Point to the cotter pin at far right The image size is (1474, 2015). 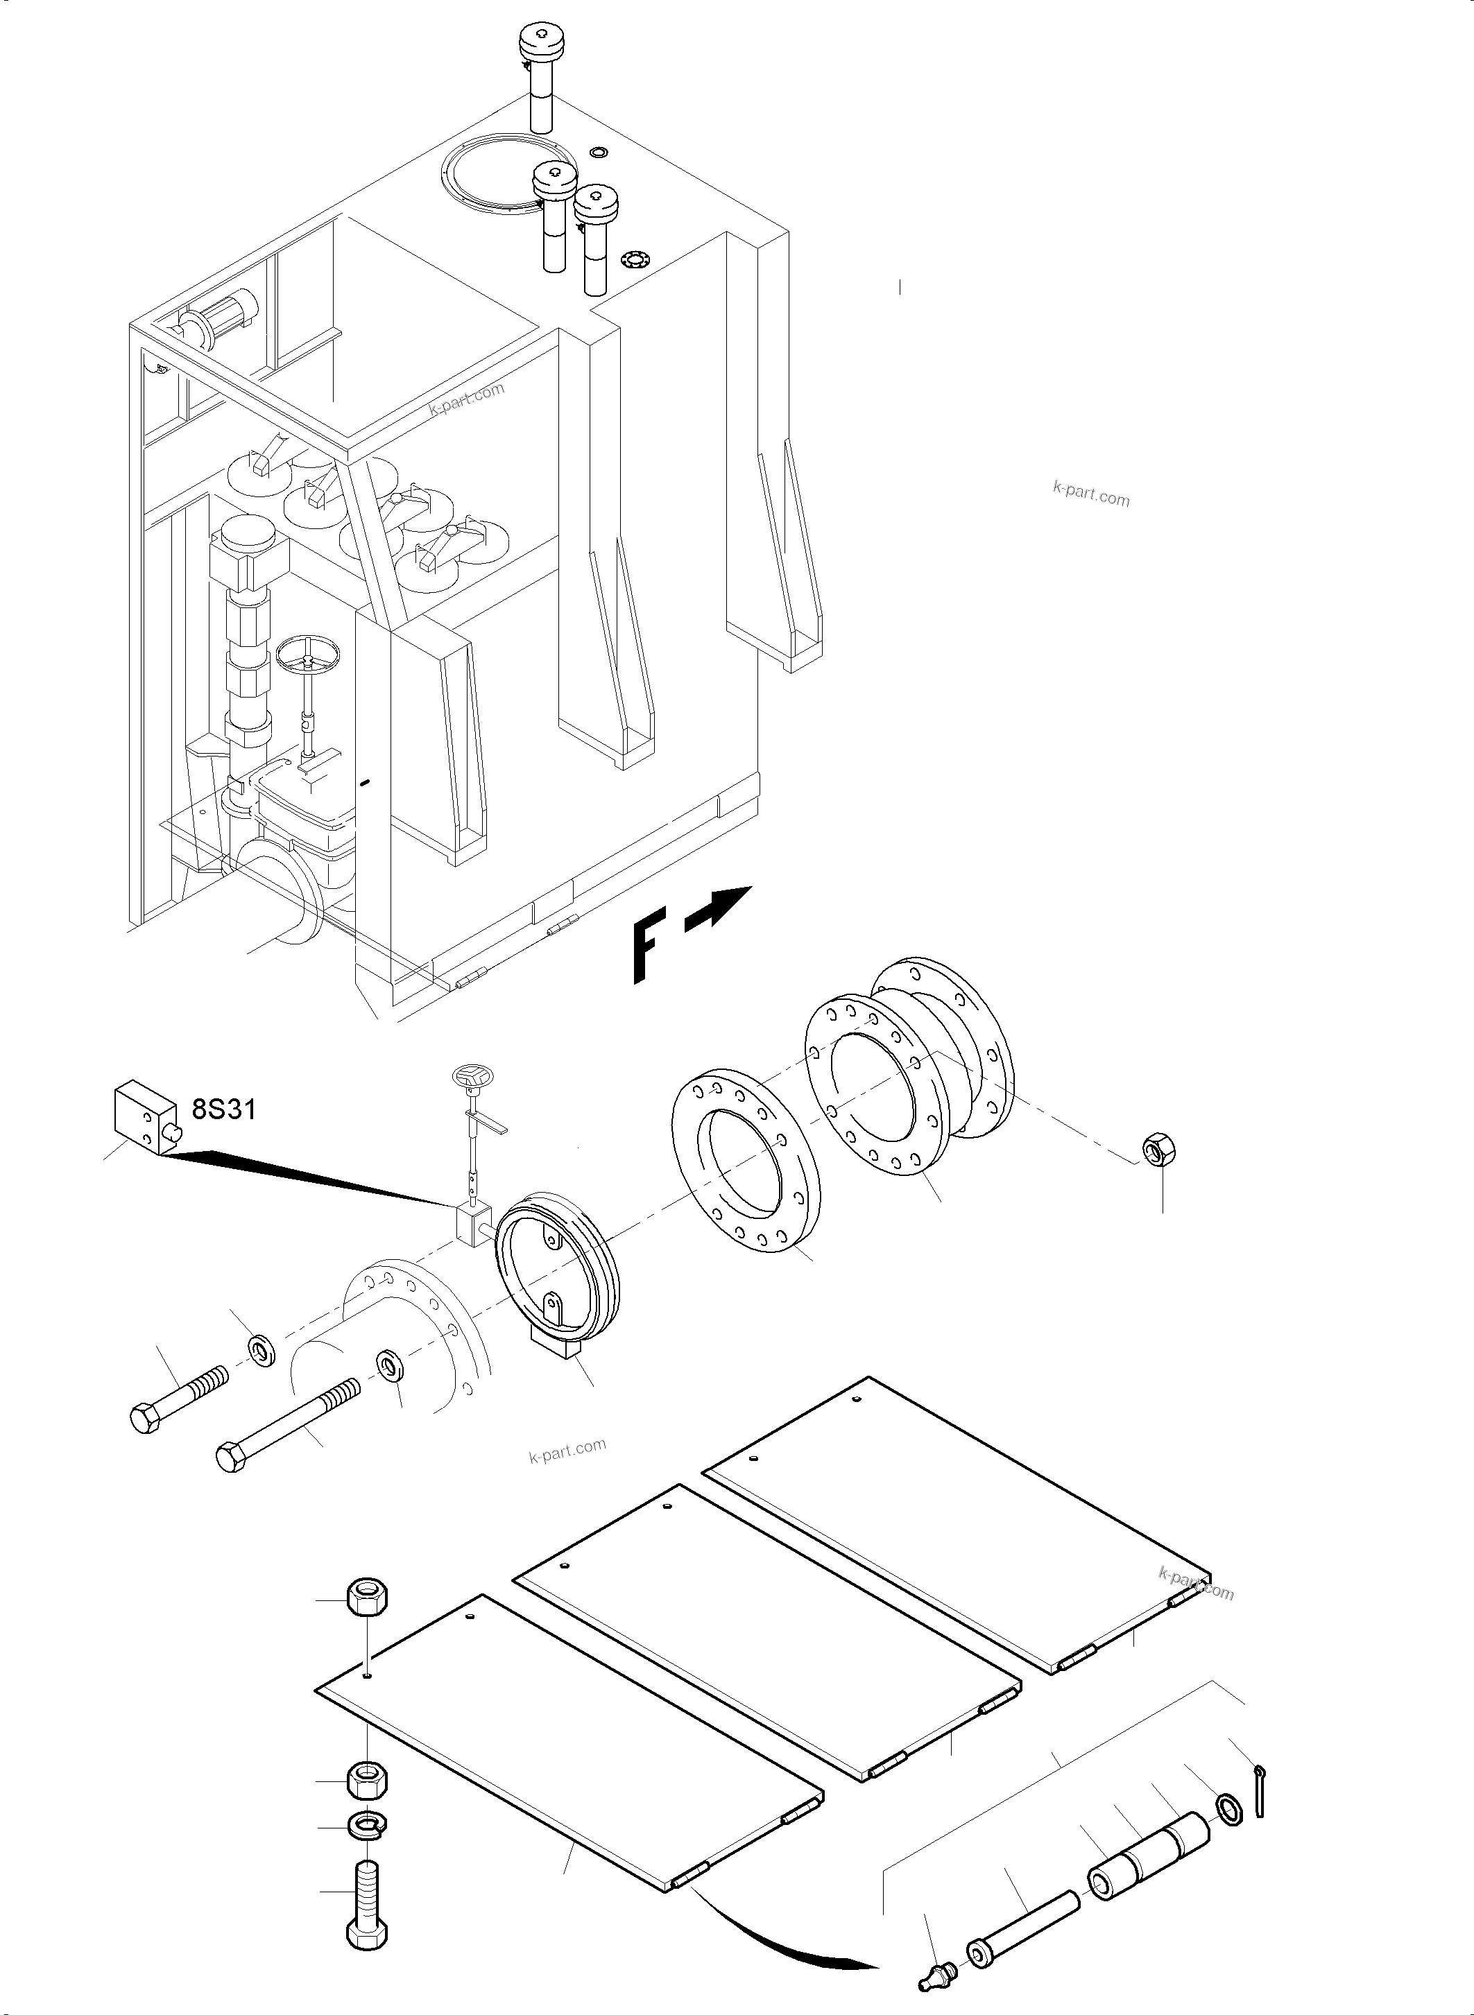pos(1259,1790)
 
